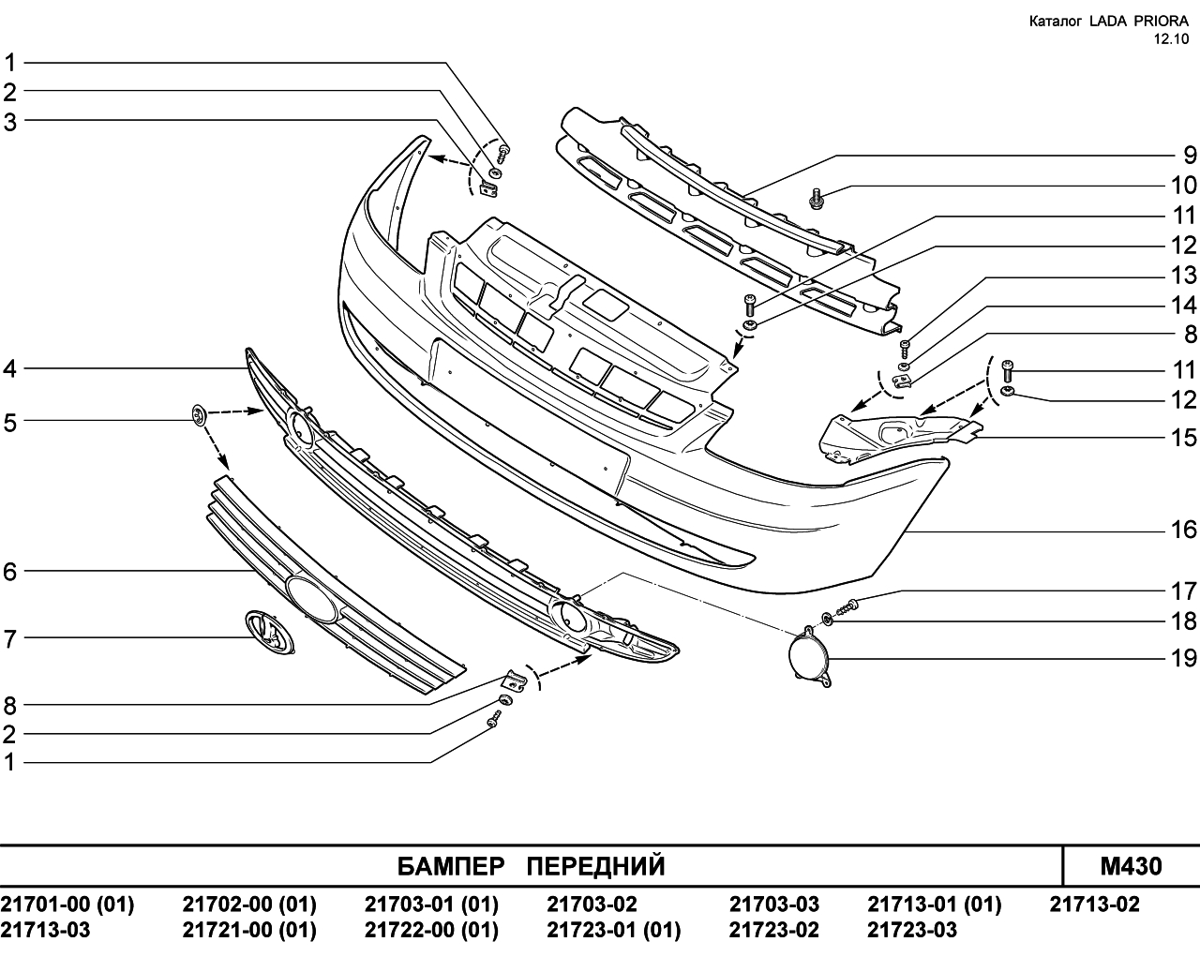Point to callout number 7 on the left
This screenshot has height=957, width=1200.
10,639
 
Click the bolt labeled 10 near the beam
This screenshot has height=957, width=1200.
816,197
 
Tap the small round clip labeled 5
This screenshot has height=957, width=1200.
198,413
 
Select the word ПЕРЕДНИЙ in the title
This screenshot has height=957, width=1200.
595,866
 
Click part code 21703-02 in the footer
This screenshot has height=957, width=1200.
592,905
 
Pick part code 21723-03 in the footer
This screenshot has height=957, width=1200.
912,930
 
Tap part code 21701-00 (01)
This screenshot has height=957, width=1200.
67,905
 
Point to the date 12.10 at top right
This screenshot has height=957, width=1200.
1172,39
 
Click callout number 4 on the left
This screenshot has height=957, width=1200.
10,369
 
